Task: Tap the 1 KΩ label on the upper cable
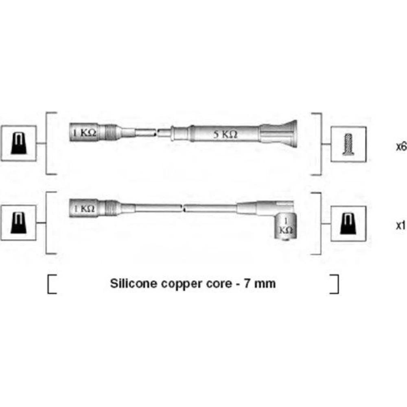[85, 133]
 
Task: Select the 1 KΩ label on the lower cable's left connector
[84, 209]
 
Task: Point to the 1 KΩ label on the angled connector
[286, 226]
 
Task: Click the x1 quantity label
[401, 225]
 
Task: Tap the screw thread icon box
[348, 144]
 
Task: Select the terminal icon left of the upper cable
[19, 143]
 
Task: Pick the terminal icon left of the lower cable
[19, 223]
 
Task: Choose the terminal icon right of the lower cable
[348, 224]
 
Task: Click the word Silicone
[133, 283]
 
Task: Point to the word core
[219, 284]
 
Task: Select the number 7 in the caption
[247, 283]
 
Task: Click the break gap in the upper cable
[157, 133]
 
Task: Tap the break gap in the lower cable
[183, 208]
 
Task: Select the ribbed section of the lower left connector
[111, 208]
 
